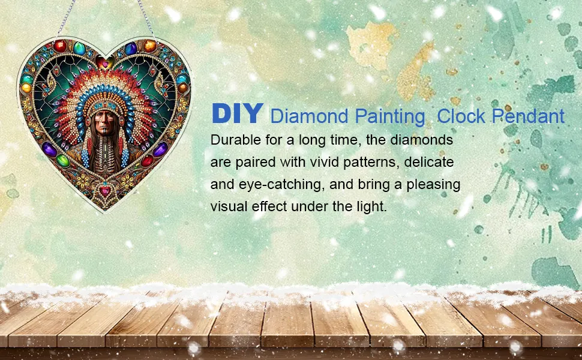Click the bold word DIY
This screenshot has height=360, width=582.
238,113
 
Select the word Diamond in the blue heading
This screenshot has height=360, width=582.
309,116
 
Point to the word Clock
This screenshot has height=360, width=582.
461,116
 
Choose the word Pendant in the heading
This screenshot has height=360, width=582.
528,116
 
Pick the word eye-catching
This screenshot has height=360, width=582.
280,184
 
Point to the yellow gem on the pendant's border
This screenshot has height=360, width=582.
26,88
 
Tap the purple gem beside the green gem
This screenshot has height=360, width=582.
49,149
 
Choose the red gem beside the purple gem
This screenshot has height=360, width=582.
148,161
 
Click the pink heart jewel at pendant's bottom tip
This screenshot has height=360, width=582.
105,191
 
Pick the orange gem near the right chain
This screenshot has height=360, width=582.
149,46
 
